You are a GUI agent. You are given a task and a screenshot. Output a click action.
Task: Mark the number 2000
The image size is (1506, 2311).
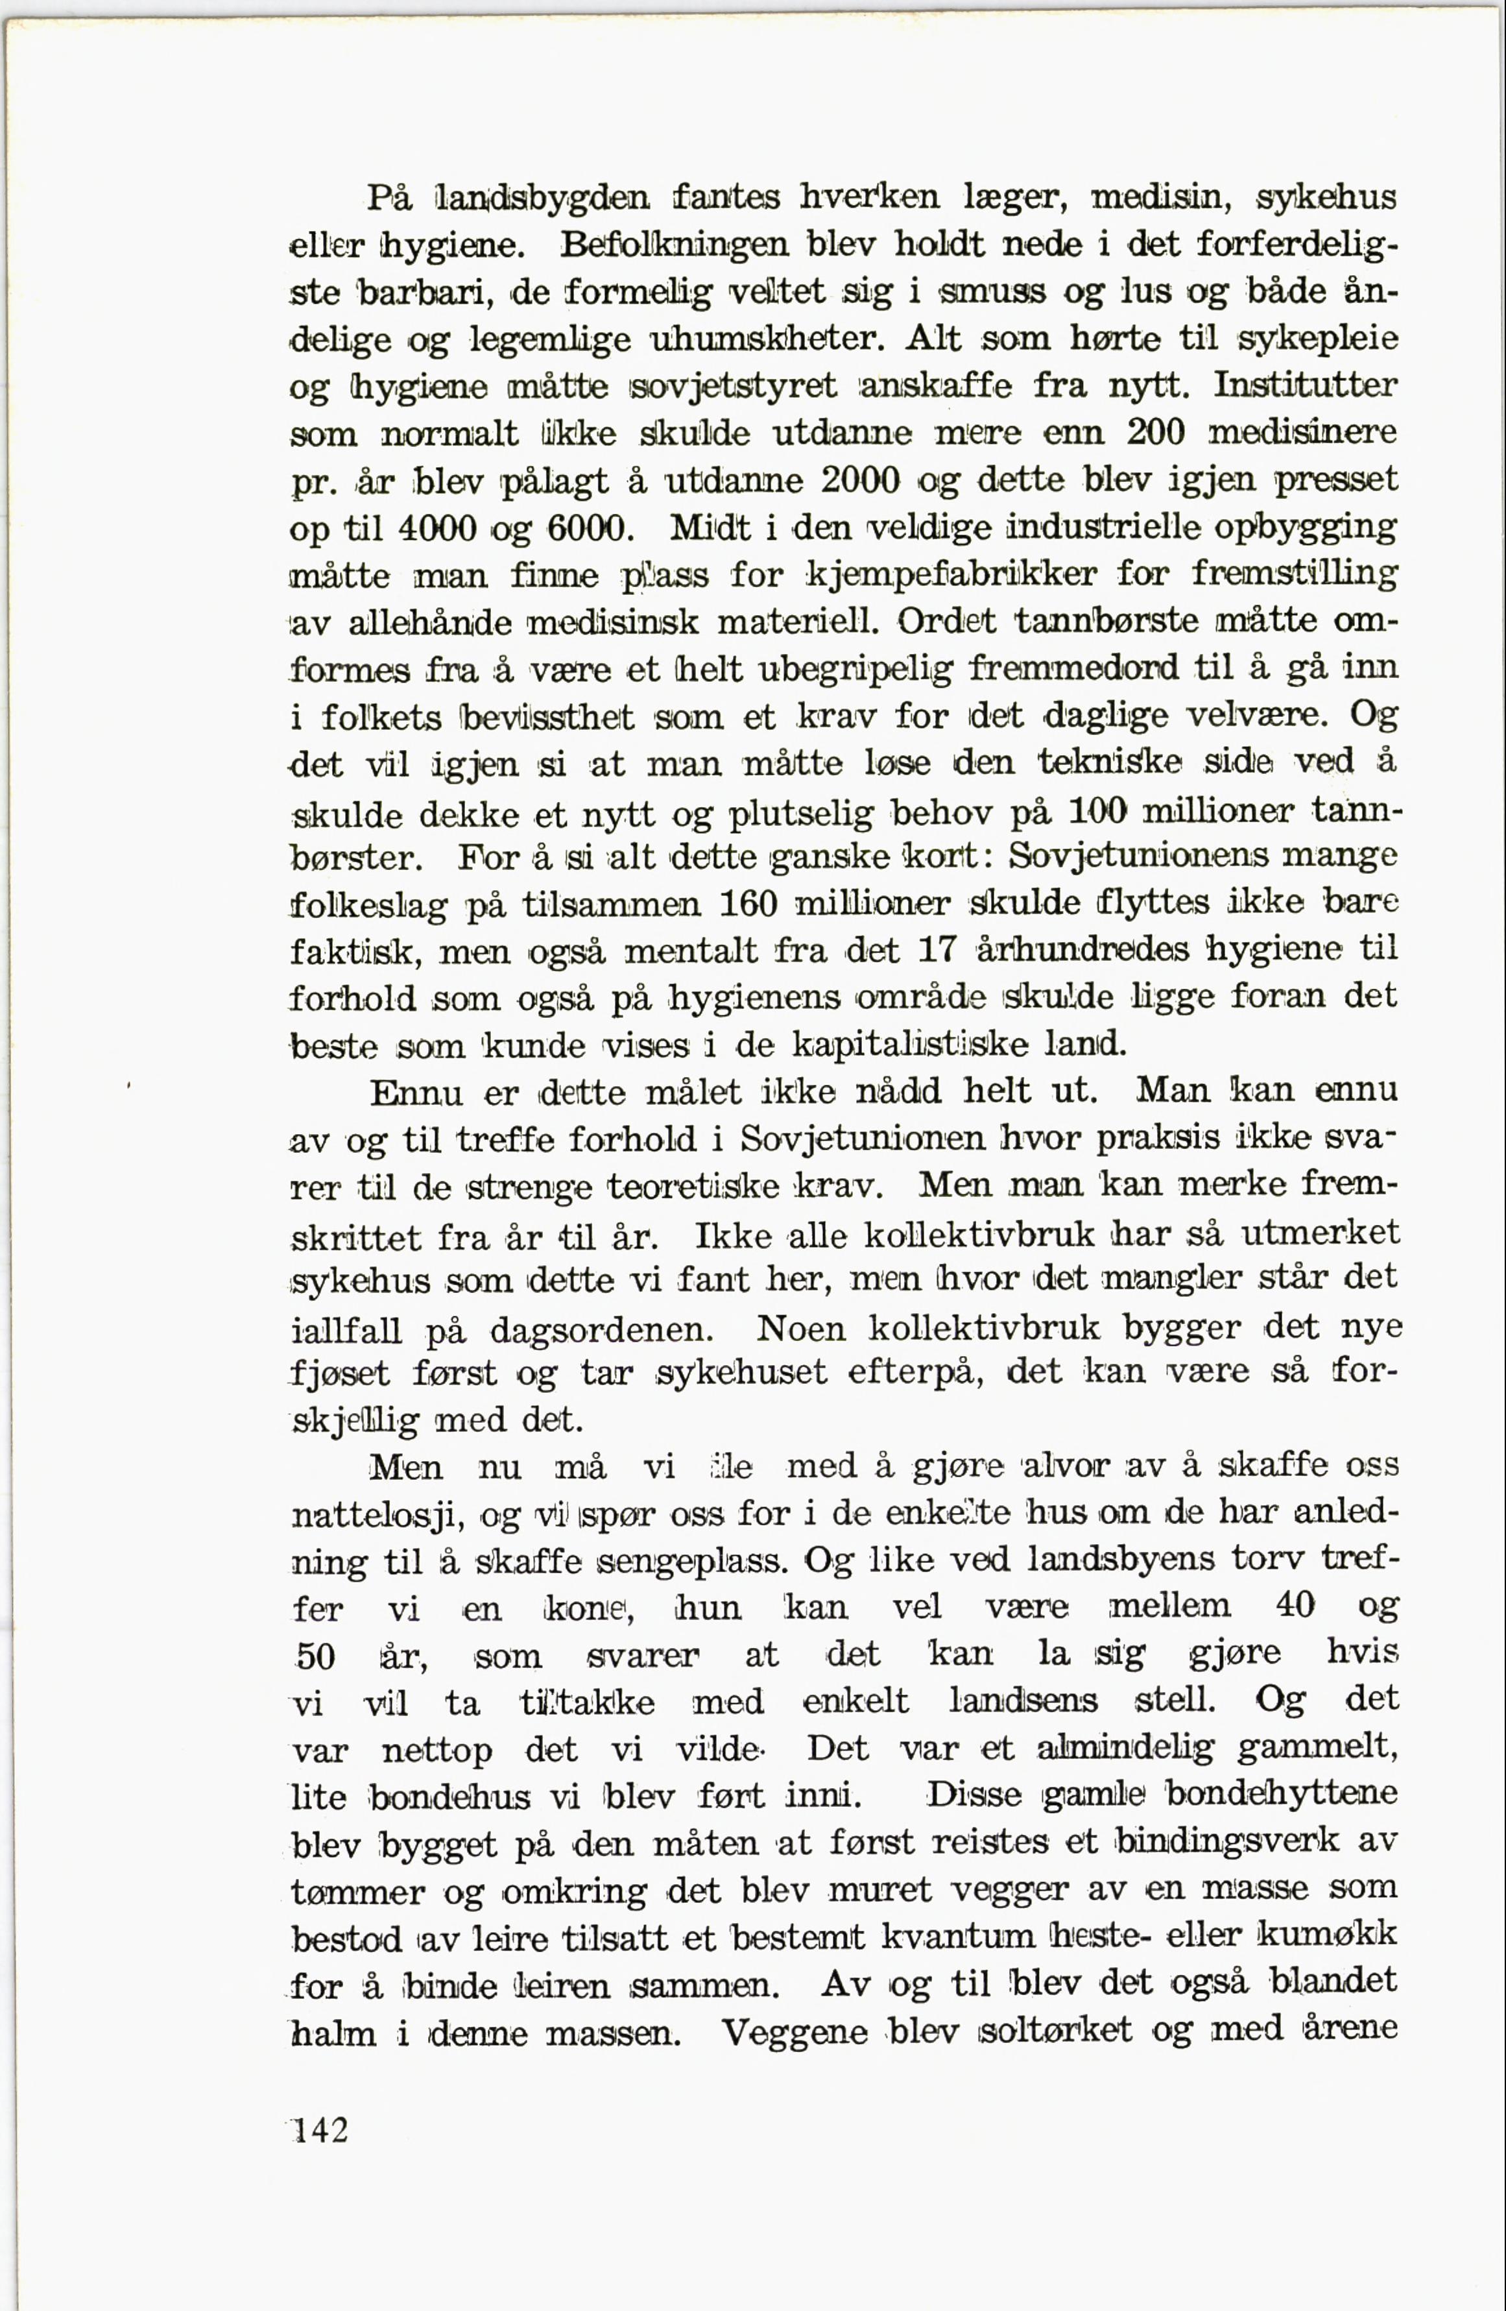pos(862,481)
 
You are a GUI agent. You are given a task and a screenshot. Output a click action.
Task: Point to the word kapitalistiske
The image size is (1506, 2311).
pos(911,1045)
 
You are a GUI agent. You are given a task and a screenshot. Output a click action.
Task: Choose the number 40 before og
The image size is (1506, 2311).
pos(1293,1607)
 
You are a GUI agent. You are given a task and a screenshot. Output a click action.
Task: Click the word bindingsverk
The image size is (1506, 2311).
pos(1226,1842)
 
